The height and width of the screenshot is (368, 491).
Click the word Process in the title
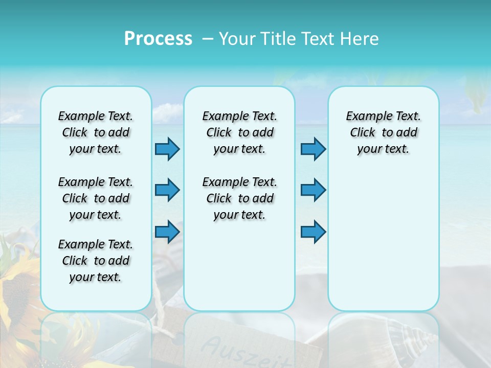pos(158,39)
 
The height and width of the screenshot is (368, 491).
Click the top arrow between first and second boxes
pos(167,149)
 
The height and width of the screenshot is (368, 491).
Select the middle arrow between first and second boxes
pos(167,190)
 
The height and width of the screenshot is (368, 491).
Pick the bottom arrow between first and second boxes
pos(167,232)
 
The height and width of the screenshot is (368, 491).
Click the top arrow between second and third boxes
pos(313,149)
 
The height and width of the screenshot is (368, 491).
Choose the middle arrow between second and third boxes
pos(313,190)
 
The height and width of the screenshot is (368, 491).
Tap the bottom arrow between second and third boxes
pos(313,232)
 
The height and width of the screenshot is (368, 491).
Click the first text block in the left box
pos(96,132)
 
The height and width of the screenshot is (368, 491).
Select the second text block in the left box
pos(96,198)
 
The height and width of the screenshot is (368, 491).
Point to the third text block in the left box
pos(96,261)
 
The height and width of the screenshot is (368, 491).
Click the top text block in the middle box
pos(239,132)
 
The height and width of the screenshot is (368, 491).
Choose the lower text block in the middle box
pos(239,198)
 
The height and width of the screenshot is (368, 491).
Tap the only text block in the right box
pos(383,132)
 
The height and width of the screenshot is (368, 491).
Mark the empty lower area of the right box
pos(383,245)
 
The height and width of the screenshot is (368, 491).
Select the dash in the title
pos(208,39)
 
